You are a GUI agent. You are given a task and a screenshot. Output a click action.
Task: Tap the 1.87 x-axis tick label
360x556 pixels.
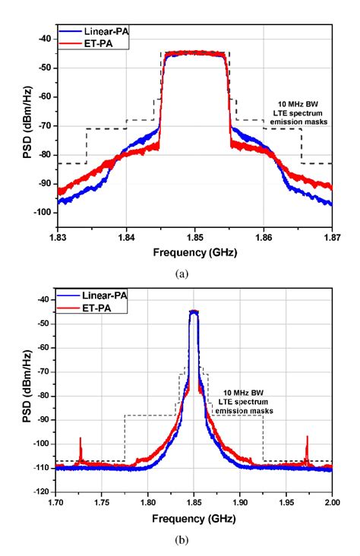tap(331, 237)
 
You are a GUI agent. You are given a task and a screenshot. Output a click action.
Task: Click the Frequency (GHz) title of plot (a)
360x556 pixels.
tap(194, 251)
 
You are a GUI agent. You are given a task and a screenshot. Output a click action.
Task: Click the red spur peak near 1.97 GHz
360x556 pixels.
tap(307, 437)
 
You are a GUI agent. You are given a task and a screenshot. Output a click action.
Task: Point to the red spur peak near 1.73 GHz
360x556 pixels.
tap(81, 439)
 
